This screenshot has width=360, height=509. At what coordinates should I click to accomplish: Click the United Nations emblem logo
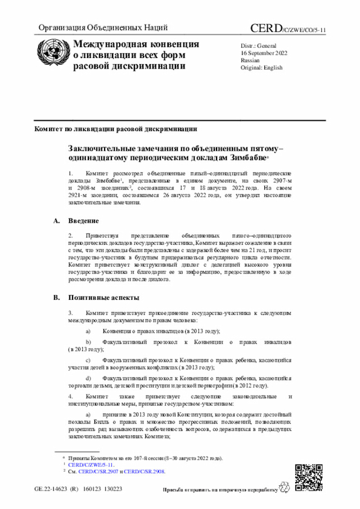[x=52, y=55]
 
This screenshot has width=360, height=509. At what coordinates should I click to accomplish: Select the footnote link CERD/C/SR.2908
[x=145, y=472]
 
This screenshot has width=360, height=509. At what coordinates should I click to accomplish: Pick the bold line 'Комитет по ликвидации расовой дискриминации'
[x=116, y=128]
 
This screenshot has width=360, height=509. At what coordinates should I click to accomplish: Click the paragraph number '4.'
[x=71, y=397]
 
